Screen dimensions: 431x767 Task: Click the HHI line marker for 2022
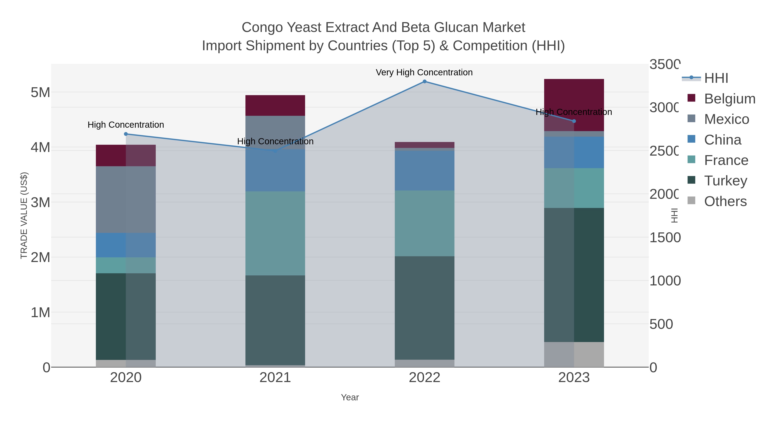tap(425, 82)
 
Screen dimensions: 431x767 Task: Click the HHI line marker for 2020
tap(126, 134)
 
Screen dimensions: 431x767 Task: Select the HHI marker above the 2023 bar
tap(574, 121)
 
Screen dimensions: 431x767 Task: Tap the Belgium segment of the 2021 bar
tap(275, 106)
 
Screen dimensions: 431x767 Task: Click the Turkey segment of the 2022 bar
tap(425, 308)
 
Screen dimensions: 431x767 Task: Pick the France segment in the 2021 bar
tap(275, 233)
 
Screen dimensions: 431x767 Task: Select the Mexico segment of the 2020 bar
tap(126, 200)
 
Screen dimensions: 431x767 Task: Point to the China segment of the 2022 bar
tap(425, 170)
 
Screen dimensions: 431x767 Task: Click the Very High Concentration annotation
tap(424, 72)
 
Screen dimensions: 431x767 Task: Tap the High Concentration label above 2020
tap(126, 125)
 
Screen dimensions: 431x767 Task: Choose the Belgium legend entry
tap(730, 99)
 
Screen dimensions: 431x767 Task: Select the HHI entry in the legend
tap(716, 78)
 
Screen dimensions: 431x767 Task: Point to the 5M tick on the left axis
tap(40, 93)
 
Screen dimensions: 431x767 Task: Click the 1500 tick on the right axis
tap(665, 238)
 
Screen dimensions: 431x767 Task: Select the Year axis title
tap(350, 397)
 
